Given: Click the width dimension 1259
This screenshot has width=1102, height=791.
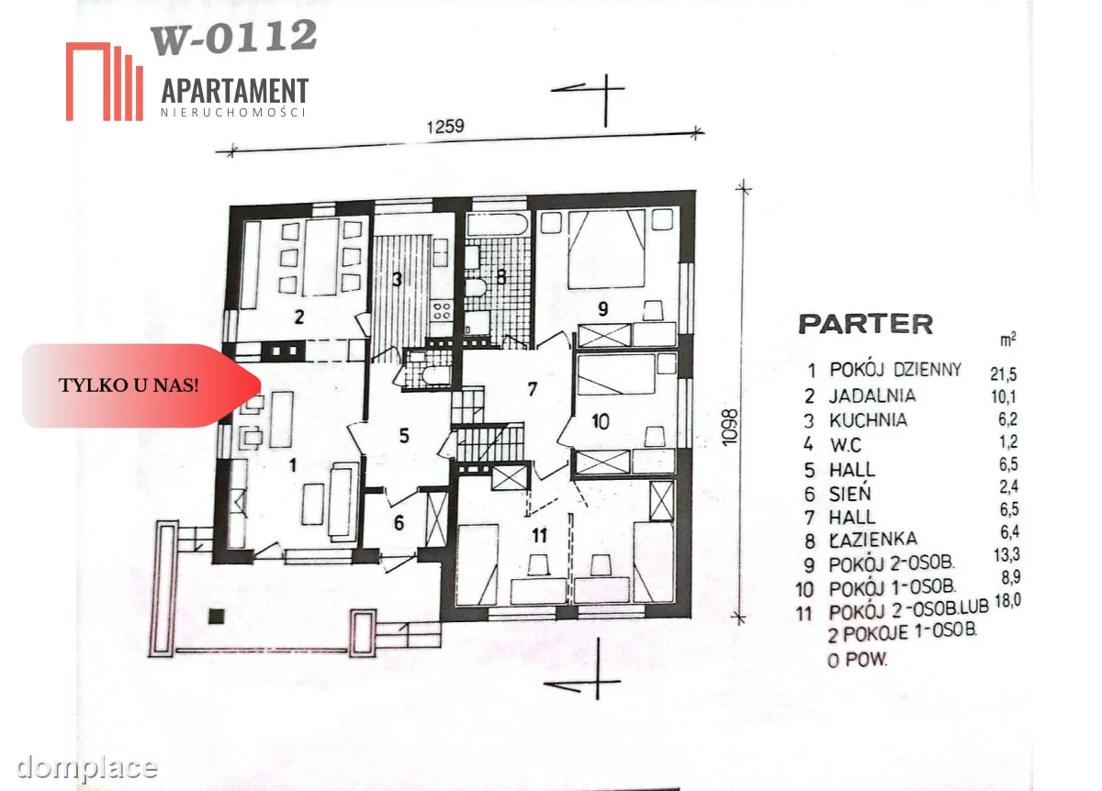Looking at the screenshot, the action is coord(445,127).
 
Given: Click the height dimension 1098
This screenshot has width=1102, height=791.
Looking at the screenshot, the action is coord(730,428).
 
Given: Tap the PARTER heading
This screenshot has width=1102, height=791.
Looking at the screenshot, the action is coord(865,324).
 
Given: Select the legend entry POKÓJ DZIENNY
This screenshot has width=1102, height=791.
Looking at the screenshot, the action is coord(895,369).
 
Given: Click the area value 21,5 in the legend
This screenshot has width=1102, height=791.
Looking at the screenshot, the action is coord(1003,374).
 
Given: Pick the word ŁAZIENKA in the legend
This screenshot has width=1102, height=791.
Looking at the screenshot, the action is coord(873,540).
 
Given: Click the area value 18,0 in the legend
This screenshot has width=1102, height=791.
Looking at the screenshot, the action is coord(1007,601).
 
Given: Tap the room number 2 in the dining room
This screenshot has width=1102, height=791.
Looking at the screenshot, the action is coord(298,318).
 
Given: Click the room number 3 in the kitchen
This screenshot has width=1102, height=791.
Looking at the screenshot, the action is coord(397,279).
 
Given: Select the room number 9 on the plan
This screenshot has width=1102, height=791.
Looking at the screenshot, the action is coord(602,308).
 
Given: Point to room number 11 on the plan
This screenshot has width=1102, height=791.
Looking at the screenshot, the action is coord(540,535).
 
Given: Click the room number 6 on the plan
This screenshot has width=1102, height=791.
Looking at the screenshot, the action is coord(399,522).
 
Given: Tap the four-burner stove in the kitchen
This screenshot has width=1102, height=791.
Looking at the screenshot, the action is coord(442,311).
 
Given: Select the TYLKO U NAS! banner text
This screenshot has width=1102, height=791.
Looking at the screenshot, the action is coord(129,385).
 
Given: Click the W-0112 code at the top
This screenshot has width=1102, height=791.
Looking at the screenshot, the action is coord(233,37).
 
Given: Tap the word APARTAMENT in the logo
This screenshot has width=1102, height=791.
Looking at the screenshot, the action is coord(235,92).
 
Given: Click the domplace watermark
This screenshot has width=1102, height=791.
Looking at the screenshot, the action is coord(86,767).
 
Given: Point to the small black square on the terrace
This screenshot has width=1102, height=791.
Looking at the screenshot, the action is coord(217,616).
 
